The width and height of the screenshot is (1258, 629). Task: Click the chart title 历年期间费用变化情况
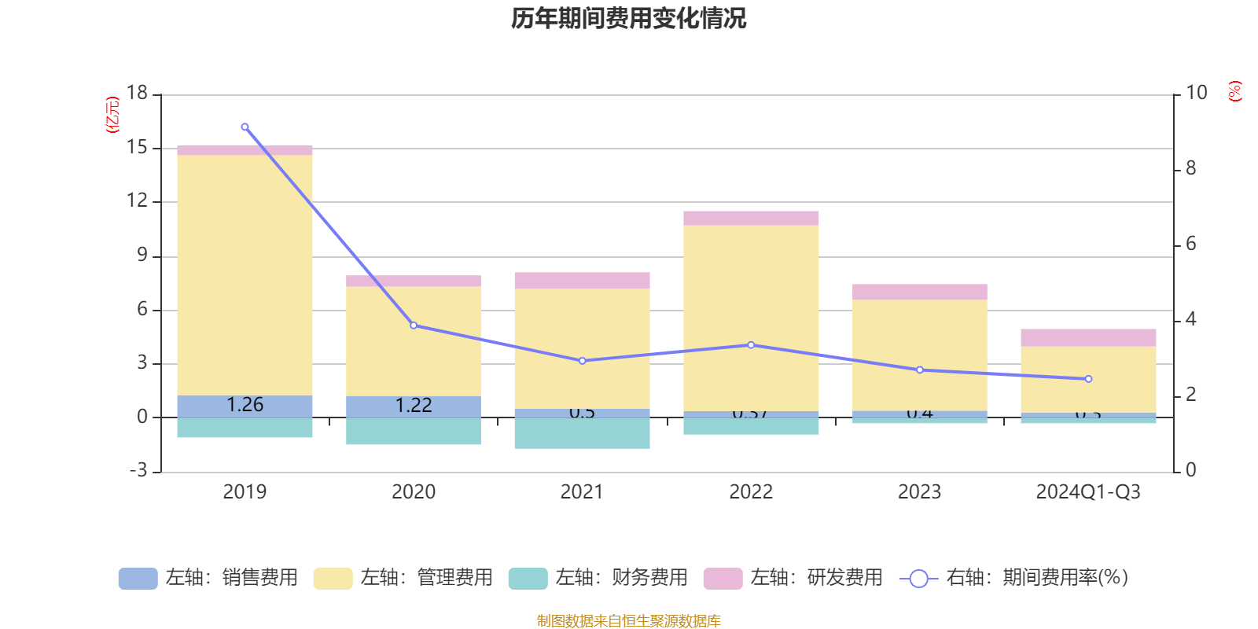pyautogui.click(x=628, y=18)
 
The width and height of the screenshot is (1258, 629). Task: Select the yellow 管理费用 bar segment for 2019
pyautogui.click(x=245, y=275)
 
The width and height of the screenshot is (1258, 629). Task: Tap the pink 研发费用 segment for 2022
pyautogui.click(x=751, y=218)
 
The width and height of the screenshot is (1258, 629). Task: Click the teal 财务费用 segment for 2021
pyautogui.click(x=582, y=433)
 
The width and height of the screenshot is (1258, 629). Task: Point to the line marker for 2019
pyautogui.click(x=245, y=127)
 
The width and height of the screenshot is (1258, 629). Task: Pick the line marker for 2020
pyautogui.click(x=414, y=325)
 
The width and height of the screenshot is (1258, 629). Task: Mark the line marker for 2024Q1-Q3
pyautogui.click(x=1088, y=379)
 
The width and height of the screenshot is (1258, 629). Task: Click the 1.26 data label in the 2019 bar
pyautogui.click(x=245, y=405)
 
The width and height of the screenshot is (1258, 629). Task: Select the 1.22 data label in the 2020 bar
pyautogui.click(x=414, y=406)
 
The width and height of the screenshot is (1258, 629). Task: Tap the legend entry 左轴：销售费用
pyautogui.click(x=208, y=578)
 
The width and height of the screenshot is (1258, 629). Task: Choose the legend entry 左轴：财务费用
pyautogui.click(x=598, y=578)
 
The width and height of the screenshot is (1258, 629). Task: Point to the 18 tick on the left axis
pyautogui.click(x=138, y=93)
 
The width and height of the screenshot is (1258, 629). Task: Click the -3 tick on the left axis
pyautogui.click(x=139, y=470)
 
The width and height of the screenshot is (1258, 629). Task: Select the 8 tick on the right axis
pyautogui.click(x=1190, y=168)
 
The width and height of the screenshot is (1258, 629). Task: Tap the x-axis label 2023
pyautogui.click(x=919, y=492)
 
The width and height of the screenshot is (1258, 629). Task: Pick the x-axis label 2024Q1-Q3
pyautogui.click(x=1088, y=492)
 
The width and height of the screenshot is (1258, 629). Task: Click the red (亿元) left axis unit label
pyautogui.click(x=112, y=115)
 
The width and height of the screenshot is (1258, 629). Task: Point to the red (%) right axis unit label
pyautogui.click(x=1235, y=91)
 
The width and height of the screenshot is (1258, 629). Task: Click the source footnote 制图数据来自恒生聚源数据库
pyautogui.click(x=628, y=621)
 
